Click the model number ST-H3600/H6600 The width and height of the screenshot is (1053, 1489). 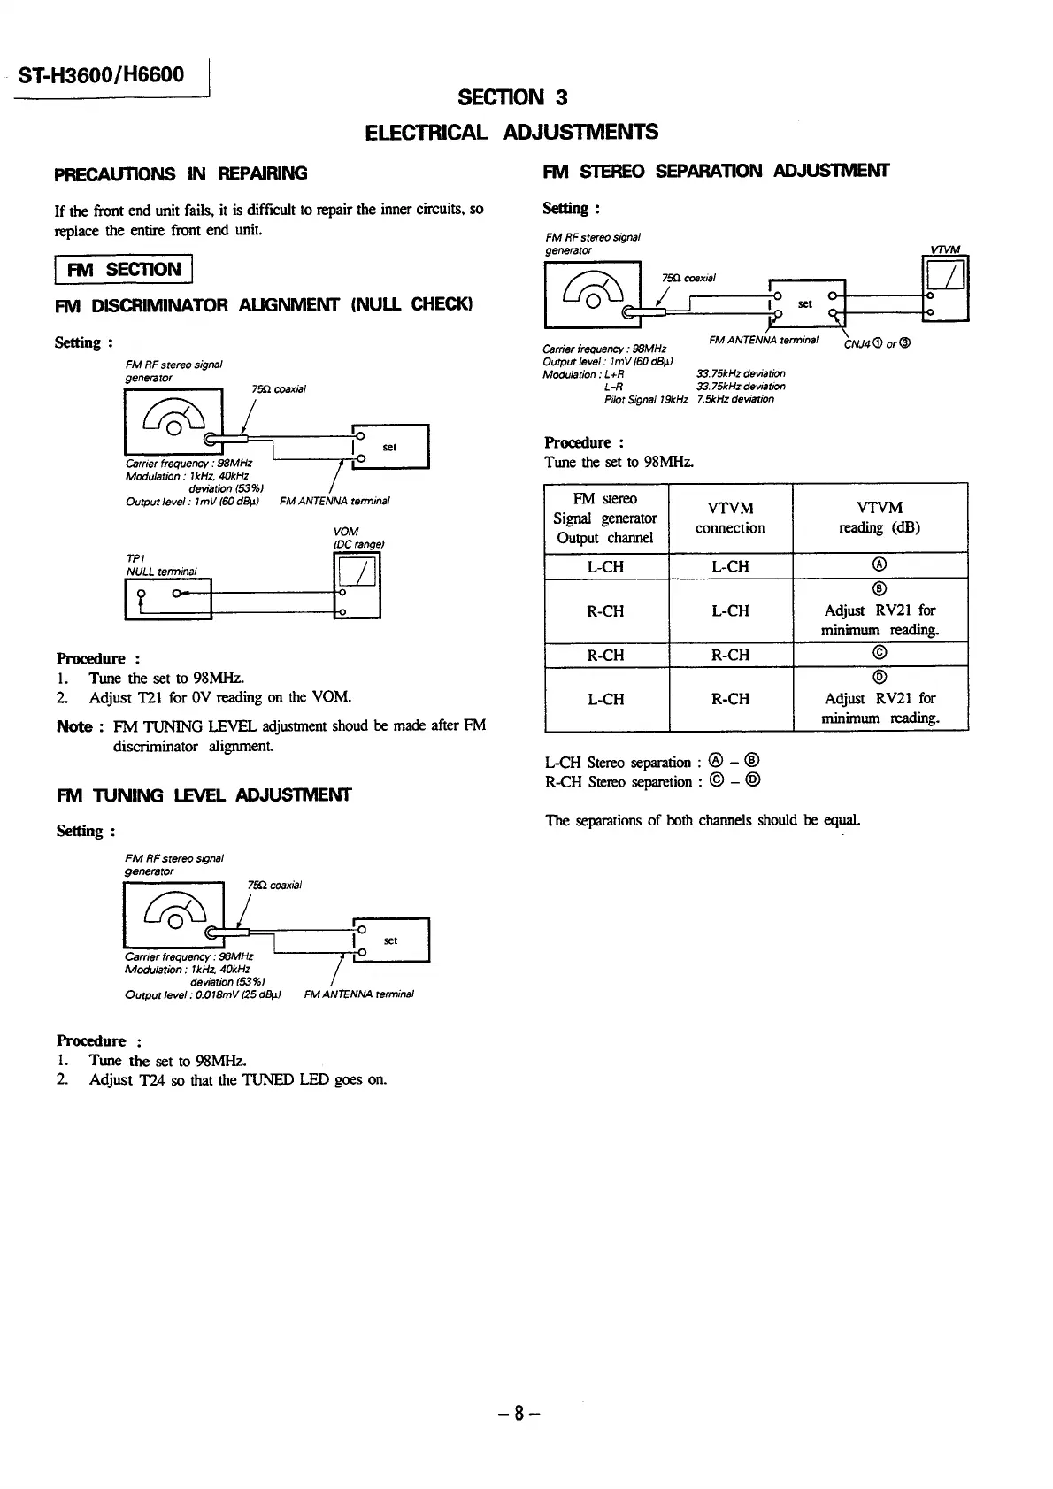[101, 74]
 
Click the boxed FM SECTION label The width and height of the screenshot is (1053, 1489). [123, 269]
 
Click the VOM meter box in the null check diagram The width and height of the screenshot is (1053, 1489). [356, 586]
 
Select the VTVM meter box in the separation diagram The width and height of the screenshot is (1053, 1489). [944, 288]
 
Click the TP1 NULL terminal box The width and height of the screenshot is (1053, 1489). [168, 598]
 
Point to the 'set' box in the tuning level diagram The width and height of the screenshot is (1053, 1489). [391, 940]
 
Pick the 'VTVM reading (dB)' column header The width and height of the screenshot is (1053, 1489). [880, 518]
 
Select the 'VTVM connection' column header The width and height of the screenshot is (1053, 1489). [730, 518]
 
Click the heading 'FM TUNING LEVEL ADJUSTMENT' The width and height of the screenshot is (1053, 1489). [204, 795]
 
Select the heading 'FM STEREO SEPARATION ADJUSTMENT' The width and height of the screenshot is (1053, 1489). [716, 171]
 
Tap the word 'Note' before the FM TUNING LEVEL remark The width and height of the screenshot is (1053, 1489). [74, 726]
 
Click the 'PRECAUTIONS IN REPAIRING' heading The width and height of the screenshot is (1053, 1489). [181, 173]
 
